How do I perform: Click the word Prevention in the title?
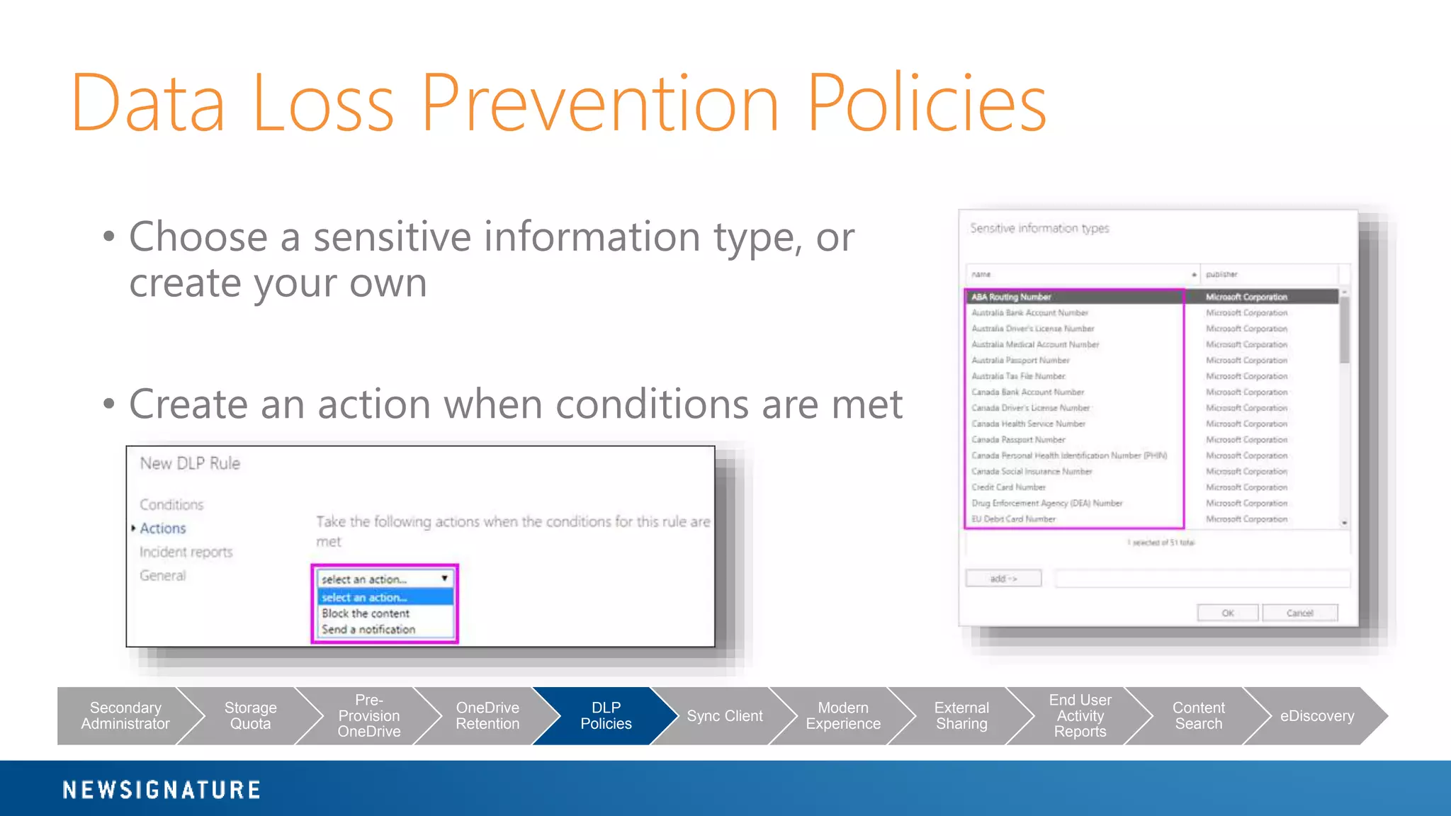(599, 103)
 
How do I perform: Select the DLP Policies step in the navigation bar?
(606, 715)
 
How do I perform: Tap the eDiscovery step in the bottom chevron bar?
(1316, 715)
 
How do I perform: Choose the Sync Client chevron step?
(724, 715)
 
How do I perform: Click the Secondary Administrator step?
(125, 715)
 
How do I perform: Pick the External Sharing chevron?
(961, 715)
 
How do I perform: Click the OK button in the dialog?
(1227, 613)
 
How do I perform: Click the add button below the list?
(1003, 579)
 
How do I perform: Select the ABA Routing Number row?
(1011, 297)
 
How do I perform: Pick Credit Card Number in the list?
(1008, 487)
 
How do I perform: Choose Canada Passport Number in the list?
(1018, 440)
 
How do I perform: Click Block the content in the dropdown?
(366, 613)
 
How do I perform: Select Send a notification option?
(368, 629)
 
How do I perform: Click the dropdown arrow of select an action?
(444, 579)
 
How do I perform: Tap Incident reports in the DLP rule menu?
(186, 552)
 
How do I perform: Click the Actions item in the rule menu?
(163, 528)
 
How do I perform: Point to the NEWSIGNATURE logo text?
(162, 790)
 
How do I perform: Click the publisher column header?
(1222, 274)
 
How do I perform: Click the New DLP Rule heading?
(190, 463)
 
